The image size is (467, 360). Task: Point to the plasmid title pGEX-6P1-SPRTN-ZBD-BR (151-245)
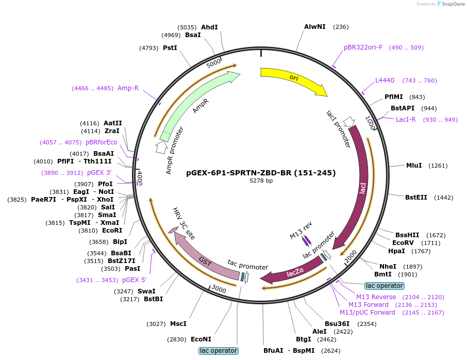pos(261,173)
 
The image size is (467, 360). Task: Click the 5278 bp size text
pos(261,181)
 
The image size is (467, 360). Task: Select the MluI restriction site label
pos(414,166)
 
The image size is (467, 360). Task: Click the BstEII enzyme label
pos(416,198)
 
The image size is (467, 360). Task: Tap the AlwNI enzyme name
pos(315,27)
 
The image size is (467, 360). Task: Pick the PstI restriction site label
pos(170,47)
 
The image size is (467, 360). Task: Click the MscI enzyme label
pos(178,324)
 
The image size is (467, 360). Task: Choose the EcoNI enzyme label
pos(201,339)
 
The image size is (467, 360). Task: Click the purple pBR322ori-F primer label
pos(363,47)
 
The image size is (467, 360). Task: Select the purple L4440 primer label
pos(385,80)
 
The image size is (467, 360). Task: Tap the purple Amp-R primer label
pos(128,88)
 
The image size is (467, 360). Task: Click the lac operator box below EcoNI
pos(219,351)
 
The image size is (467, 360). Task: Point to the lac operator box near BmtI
pos(385,286)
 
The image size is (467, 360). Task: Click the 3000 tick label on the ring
pos(219,289)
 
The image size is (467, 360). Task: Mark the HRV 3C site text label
pos(184,223)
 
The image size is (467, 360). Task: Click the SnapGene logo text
pos(453,4)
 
